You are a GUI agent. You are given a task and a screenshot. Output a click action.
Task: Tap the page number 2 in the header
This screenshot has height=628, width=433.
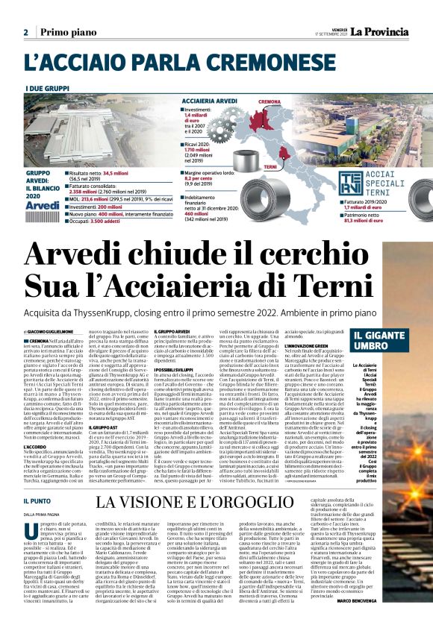(25, 32)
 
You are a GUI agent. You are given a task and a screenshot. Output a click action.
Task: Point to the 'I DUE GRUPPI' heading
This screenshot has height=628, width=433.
(46, 88)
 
